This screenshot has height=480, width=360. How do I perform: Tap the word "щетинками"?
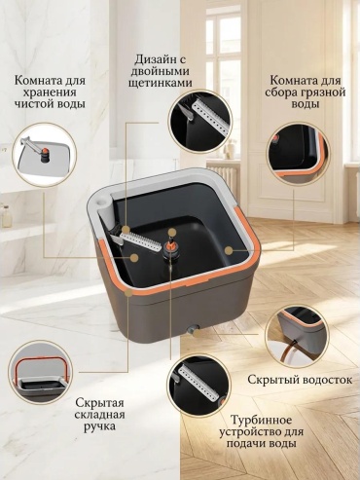click(x=161, y=83)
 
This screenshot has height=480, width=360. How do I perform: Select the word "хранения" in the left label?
click(x=51, y=92)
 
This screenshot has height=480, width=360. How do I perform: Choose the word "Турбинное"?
click(x=262, y=420)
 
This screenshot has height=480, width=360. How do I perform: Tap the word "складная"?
click(x=99, y=415)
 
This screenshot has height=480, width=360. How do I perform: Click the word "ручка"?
click(x=99, y=425)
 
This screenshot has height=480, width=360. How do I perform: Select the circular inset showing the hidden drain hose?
click(x=297, y=336)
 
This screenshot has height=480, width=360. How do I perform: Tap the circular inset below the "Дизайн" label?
click(x=199, y=121)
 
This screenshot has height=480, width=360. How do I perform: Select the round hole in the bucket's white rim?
click(x=103, y=203)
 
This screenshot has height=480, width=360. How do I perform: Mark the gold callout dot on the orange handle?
click(x=128, y=292)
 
